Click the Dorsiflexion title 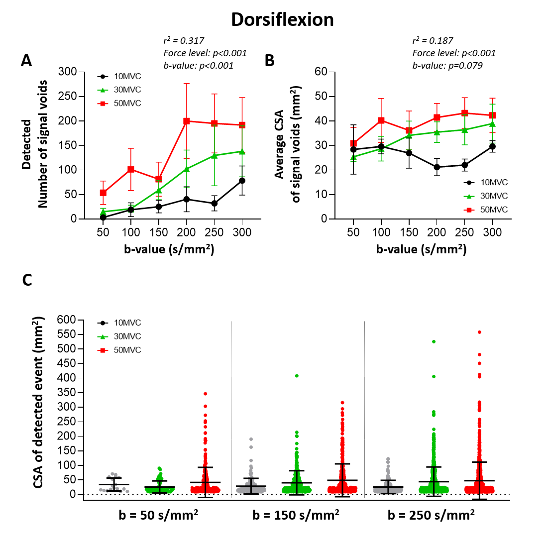click(282, 20)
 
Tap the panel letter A click(26, 61)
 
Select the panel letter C click(27, 280)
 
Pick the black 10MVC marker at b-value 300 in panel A click(242, 181)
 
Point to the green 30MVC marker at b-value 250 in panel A click(214, 155)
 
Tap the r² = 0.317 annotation click(184, 41)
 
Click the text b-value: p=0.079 click(447, 65)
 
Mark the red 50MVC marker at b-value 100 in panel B click(381, 120)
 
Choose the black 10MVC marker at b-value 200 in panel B click(437, 167)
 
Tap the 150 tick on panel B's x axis click(409, 232)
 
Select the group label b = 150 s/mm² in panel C click(296, 515)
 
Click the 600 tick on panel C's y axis click(68, 320)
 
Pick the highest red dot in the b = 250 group click(479, 332)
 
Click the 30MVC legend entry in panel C click(127, 336)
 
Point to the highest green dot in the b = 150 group click(297, 376)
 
